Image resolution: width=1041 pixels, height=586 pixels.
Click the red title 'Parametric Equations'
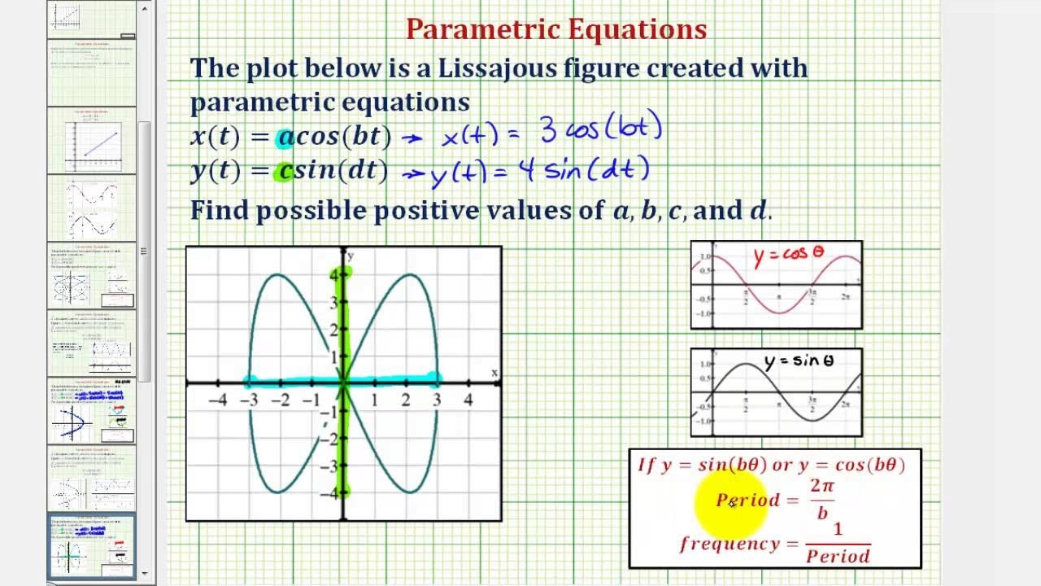pos(556,30)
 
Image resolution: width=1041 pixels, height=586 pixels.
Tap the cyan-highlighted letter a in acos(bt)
pos(285,136)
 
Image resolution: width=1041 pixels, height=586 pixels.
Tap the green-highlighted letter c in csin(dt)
pos(285,171)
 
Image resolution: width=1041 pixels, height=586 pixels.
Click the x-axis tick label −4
pos(217,400)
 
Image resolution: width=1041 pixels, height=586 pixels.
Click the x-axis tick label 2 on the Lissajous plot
pos(405,400)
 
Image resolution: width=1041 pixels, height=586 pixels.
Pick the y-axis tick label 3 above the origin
pos(333,303)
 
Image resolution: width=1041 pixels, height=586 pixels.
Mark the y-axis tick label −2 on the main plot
pos(330,439)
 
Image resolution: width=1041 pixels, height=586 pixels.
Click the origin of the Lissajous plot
pos(343,382)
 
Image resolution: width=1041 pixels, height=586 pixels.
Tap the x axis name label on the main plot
pos(494,373)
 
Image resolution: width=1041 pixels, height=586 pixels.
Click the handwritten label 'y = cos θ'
pos(788,255)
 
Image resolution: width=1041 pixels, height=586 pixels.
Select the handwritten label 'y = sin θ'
pos(799,361)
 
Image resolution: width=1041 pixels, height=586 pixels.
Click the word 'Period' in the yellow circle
pos(747,500)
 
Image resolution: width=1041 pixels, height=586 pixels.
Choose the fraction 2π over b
pos(822,499)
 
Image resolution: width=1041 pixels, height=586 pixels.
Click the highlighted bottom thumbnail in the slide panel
pos(91,546)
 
